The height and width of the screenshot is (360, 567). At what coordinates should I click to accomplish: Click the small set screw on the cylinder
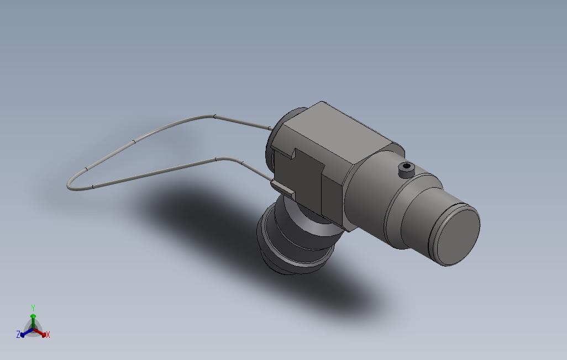point(406,169)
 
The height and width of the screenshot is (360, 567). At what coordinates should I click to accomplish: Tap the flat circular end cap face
point(458,237)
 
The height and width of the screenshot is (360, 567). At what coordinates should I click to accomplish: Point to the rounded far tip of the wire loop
point(69,186)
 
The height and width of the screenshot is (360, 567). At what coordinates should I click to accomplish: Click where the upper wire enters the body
point(271,128)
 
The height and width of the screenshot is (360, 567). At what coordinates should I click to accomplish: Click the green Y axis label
point(33,308)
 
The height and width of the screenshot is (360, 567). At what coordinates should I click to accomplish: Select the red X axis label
point(48,335)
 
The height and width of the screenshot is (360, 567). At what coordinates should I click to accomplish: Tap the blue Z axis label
point(18,335)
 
